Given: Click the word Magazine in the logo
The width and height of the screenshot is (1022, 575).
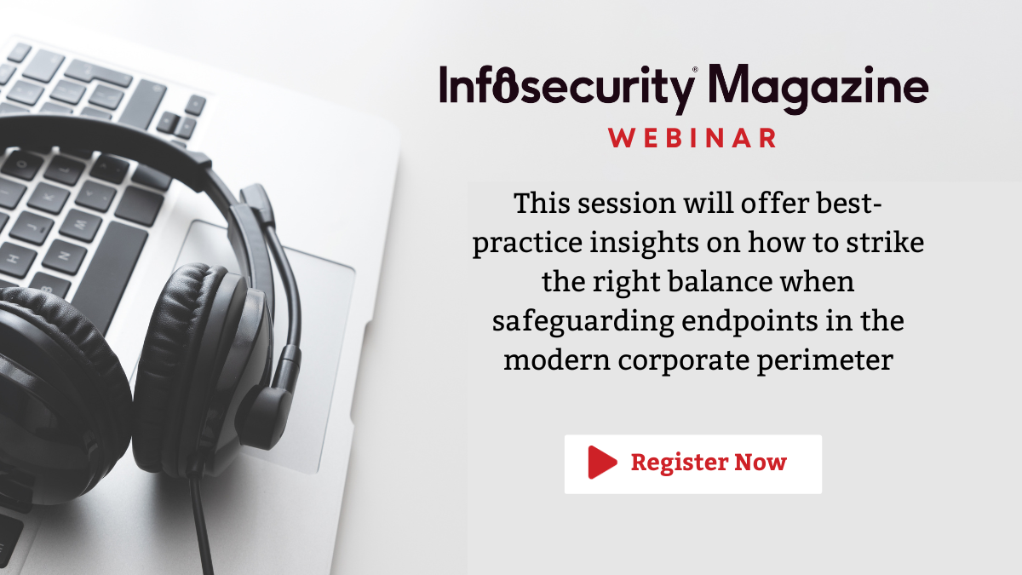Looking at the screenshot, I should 818,87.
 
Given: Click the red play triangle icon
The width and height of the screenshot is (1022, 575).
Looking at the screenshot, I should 601,463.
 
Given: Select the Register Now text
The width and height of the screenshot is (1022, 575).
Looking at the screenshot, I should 709,463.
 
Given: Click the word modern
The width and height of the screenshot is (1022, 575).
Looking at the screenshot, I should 554,360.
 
